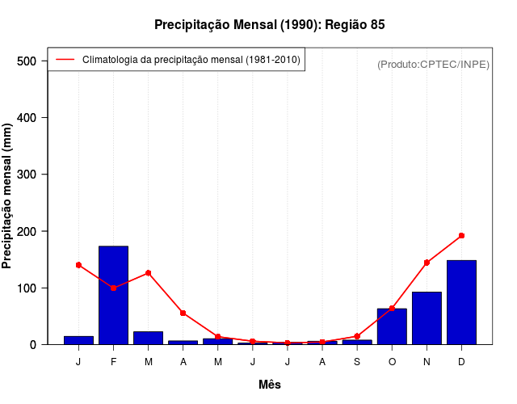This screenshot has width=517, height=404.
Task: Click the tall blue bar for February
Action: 113,295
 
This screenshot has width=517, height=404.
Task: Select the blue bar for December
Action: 461,302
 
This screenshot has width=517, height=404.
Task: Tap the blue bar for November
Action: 427,318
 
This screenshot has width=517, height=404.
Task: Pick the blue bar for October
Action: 392,326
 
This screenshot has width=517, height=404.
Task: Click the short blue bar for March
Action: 148,338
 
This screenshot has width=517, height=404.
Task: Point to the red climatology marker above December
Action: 461,236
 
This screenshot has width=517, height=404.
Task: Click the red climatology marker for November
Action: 427,263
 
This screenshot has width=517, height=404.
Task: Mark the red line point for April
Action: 183,313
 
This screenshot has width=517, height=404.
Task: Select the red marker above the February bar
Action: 113,288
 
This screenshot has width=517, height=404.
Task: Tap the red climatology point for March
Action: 148,273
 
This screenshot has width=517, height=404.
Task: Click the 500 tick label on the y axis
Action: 28,61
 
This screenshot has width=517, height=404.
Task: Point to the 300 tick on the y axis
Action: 28,175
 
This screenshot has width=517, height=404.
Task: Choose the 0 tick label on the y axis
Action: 33,345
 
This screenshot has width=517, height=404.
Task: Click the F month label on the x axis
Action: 113,362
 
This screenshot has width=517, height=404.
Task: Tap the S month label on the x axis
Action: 357,362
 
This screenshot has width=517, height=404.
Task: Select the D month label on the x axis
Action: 461,362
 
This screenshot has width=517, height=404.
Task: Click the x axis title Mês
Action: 270,385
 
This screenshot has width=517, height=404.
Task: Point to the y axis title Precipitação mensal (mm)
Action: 7,202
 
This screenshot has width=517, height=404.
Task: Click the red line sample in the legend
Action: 65,59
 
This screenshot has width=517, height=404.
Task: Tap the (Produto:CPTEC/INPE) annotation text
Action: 433,64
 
